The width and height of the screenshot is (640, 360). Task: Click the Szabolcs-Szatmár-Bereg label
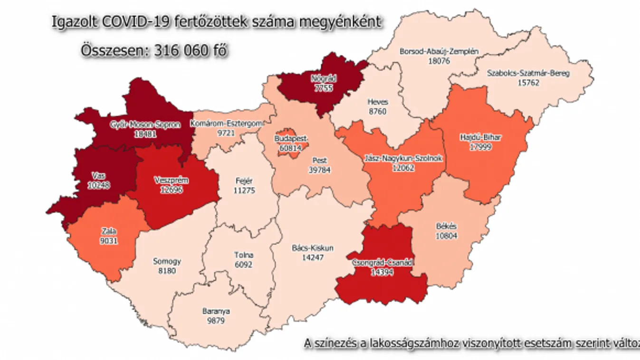[528, 73]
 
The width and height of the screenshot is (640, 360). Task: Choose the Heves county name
[378, 102]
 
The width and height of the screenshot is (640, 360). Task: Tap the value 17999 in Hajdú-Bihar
[481, 147]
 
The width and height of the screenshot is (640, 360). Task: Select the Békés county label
[446, 226]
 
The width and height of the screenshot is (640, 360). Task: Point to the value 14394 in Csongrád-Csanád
[383, 272]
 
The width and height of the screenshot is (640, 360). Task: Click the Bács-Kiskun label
[312, 248]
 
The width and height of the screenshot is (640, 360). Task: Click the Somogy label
[167, 261]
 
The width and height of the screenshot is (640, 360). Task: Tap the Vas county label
[99, 176]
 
